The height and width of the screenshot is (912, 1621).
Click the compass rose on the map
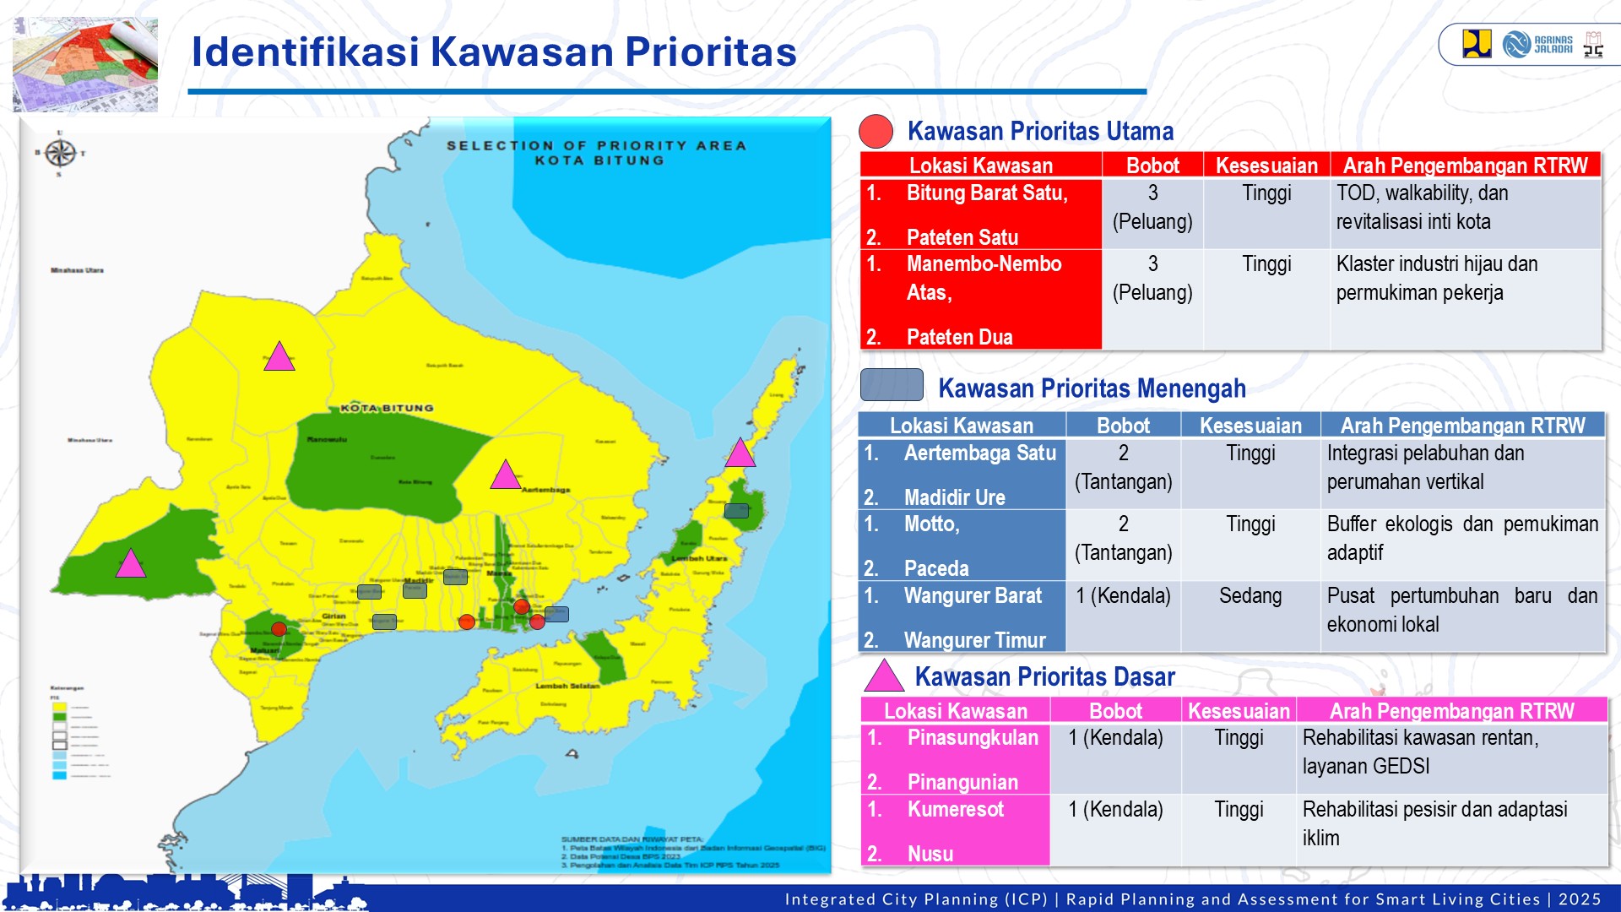coord(60,153)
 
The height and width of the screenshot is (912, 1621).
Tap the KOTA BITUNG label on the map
coord(387,408)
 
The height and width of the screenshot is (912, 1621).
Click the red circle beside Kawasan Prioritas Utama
coord(876,132)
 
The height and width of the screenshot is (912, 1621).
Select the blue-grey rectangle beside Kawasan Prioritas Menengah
coord(892,385)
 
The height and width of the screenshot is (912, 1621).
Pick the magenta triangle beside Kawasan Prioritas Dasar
coord(884,676)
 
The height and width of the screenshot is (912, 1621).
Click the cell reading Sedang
coord(1250,596)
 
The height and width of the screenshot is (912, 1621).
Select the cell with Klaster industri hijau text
coord(1465,279)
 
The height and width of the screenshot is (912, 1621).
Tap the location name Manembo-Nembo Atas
coord(983,278)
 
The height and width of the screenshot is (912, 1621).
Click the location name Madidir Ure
coord(954,497)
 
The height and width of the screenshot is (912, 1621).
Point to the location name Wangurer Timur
coord(974,640)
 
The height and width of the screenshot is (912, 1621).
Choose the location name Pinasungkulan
coord(973,737)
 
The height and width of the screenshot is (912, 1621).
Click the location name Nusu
coord(930,854)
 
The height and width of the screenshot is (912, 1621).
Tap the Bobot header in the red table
coord(1152,166)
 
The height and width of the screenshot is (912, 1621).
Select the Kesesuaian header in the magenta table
coord(1239,711)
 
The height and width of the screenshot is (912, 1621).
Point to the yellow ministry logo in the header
coord(1477,44)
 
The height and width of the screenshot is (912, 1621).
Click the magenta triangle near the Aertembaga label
coord(505,475)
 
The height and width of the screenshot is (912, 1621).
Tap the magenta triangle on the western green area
coord(131,564)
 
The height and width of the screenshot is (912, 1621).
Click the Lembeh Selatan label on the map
coord(567,686)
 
